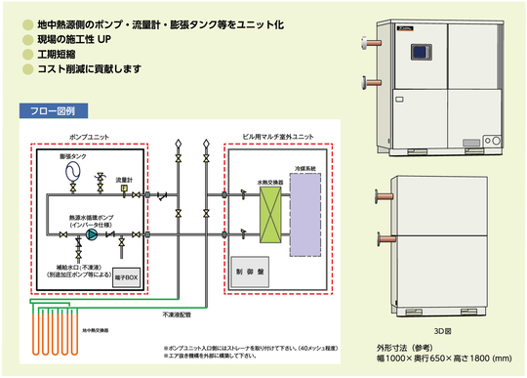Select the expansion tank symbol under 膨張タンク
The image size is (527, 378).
(72, 173)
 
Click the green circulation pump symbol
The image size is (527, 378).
(91, 235)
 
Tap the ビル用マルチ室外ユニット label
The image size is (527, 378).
(280, 138)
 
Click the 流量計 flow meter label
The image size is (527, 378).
(123, 180)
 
